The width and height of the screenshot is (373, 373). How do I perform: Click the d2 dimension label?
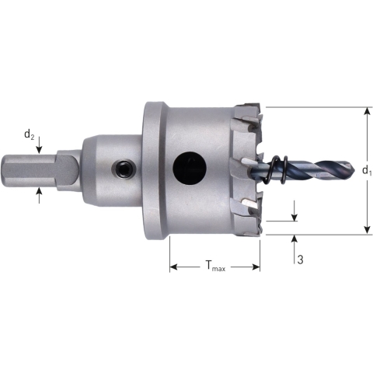pos(29,135)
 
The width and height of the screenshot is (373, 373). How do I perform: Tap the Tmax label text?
pos(215,268)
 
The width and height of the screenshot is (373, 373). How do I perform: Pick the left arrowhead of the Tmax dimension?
pos(173,267)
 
